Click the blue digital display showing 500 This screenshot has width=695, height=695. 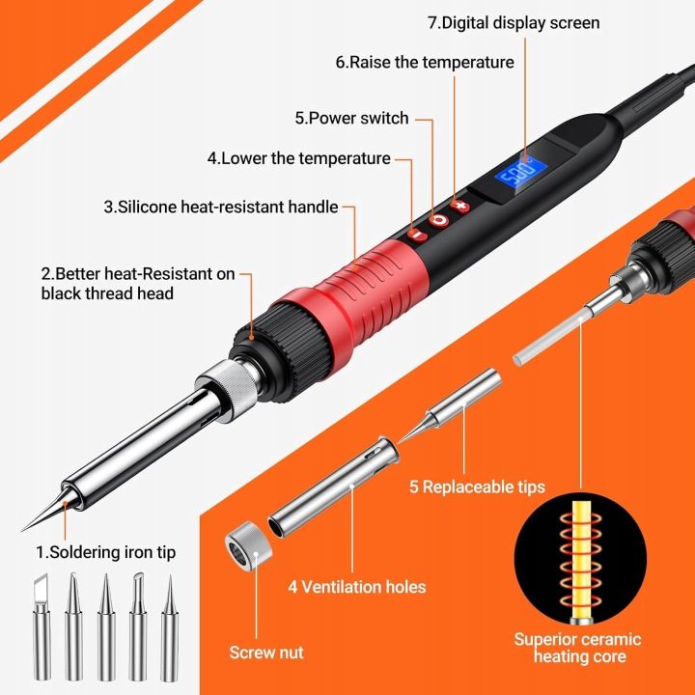tap(521, 172)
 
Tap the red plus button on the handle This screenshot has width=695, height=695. tap(460, 207)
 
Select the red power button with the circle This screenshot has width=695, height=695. tap(439, 220)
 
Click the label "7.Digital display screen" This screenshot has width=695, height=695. tap(514, 22)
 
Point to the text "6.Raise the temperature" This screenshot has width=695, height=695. tap(425, 62)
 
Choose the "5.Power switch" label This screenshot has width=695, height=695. tap(352, 118)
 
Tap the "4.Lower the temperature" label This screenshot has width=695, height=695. tap(298, 158)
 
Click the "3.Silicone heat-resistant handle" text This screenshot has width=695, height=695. tap(221, 207)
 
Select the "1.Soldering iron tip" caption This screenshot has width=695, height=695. tap(106, 552)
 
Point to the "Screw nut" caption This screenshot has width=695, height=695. tap(266, 653)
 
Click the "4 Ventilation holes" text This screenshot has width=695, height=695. tap(357, 587)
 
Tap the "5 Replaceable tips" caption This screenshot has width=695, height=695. tap(477, 486)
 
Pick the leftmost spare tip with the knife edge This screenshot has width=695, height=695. tap(42, 626)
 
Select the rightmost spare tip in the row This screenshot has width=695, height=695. tap(169, 628)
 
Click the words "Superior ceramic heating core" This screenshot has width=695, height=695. tap(578, 648)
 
